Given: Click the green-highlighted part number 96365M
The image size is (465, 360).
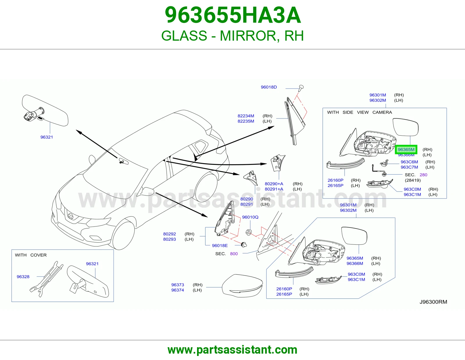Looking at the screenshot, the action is point(406,150).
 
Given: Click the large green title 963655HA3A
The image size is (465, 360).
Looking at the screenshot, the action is point(233,15).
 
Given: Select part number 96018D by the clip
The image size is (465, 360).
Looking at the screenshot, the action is point(269,87).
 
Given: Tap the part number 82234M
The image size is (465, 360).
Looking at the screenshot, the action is point(246,116).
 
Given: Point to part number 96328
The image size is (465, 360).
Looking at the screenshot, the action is point(23,277).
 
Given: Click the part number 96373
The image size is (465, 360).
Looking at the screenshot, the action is point(178,285).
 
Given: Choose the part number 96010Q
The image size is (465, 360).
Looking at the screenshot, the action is point(250,217).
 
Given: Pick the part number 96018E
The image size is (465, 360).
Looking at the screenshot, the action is point(220,246).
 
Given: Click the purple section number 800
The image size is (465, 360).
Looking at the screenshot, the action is point(234,254).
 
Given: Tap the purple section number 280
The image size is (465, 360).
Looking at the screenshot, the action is point(423,175).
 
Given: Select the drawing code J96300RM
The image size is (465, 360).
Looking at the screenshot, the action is point(433,302).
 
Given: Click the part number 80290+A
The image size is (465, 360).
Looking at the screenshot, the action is point(274,184).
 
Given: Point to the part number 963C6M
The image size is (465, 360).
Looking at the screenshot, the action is point(409,162).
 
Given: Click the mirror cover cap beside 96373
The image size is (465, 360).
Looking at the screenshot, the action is point(242,286).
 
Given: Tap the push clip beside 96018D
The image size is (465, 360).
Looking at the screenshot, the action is point(301,88).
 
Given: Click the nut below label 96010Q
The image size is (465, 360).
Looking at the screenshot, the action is point(248,232).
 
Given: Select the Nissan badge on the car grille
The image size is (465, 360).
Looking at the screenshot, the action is point(70,216).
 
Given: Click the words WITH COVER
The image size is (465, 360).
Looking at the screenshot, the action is point(31,255).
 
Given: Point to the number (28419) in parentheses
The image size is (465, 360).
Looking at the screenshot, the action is point(413,180).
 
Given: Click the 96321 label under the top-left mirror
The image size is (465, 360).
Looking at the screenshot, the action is point(47,137).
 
